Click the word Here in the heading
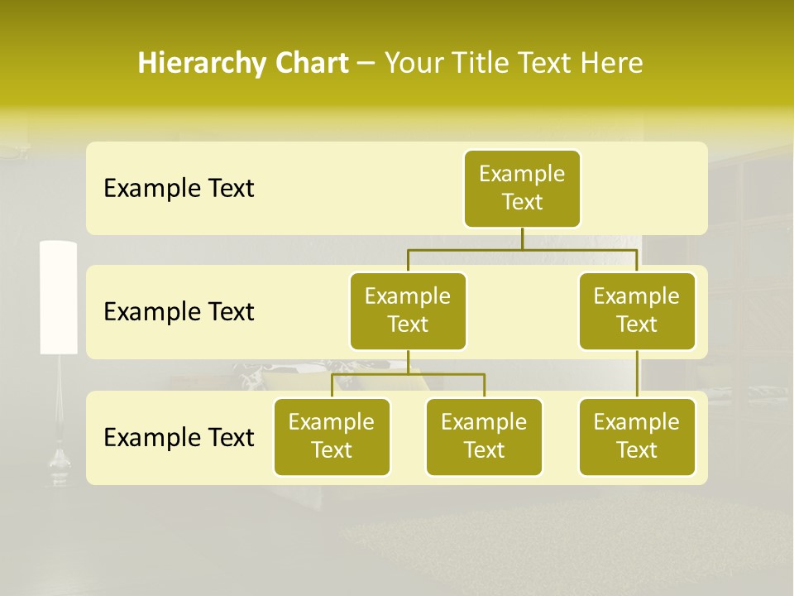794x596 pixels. [x=613, y=63]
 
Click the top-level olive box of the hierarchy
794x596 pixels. [x=522, y=188]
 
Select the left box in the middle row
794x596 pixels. [x=408, y=310]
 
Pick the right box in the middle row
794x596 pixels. [x=637, y=310]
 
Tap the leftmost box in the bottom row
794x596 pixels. [x=332, y=436]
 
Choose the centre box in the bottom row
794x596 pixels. [x=484, y=436]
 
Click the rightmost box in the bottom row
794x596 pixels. [x=637, y=436]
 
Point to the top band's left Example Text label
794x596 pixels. [x=179, y=188]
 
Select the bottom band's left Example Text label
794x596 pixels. [x=179, y=437]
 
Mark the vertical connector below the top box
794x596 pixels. [x=522, y=238]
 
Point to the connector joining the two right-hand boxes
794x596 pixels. [x=637, y=374]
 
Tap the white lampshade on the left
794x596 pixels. [x=59, y=297]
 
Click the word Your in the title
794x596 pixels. [x=411, y=63]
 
